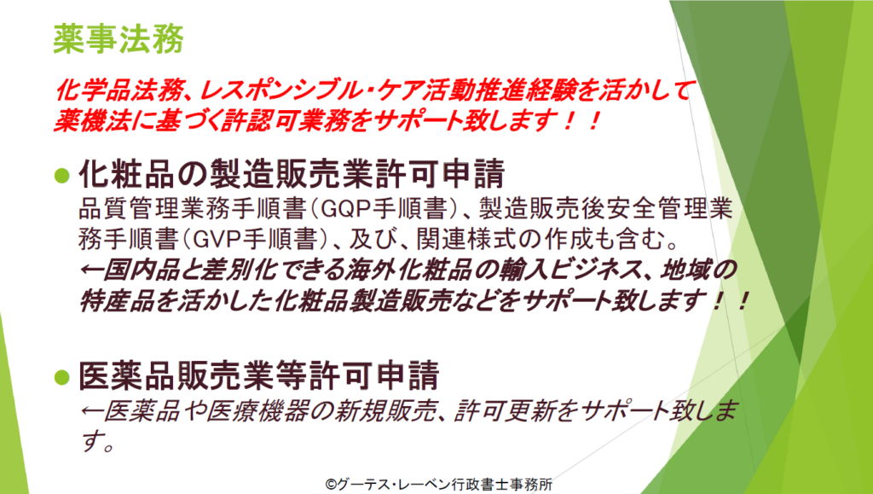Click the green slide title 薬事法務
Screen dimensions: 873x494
pos(118,39)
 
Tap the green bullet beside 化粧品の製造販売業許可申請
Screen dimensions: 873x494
pos(62,176)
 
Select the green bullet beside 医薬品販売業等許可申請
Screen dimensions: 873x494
pos(62,377)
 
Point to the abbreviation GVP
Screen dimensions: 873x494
pos(216,240)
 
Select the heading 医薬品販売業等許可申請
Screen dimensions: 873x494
pos(259,376)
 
